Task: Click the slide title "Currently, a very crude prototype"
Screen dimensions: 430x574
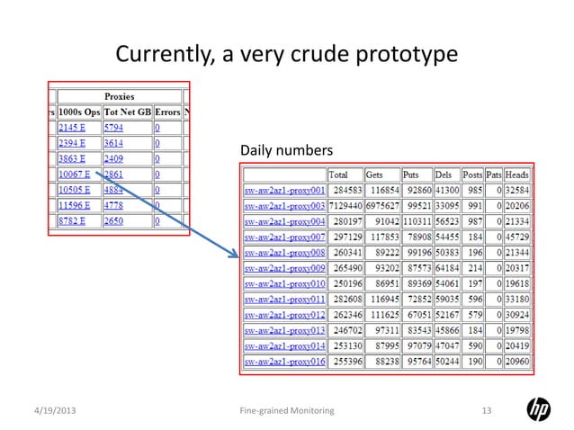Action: click(x=286, y=55)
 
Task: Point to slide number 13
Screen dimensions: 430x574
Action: click(x=488, y=411)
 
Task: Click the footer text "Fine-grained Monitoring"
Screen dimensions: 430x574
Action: click(x=286, y=411)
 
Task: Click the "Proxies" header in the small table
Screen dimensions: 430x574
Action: click(x=119, y=95)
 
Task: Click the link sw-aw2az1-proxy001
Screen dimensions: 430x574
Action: click(x=284, y=191)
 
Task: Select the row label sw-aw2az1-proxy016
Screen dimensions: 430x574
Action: click(x=284, y=361)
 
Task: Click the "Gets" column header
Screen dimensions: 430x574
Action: click(x=377, y=175)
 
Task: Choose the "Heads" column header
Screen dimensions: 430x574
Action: click(x=516, y=175)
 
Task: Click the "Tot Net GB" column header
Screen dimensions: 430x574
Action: click(x=128, y=112)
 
